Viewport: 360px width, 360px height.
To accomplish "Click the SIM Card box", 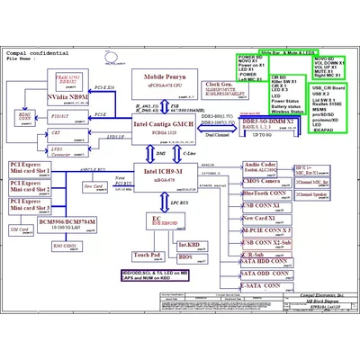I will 17,230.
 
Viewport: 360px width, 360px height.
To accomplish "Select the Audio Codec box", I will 260,167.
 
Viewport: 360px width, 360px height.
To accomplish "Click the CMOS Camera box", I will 260,181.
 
